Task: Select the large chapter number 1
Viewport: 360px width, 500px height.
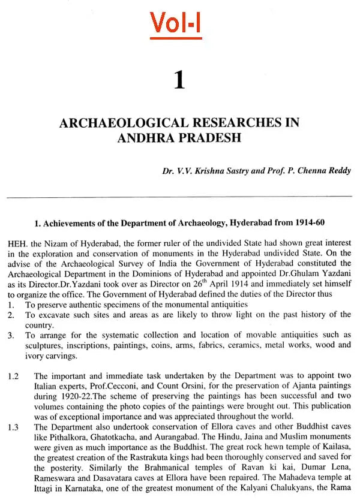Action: [x=179, y=80]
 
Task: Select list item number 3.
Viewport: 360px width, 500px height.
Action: [x=11, y=335]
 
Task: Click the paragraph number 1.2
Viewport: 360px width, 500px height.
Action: [x=14, y=376]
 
